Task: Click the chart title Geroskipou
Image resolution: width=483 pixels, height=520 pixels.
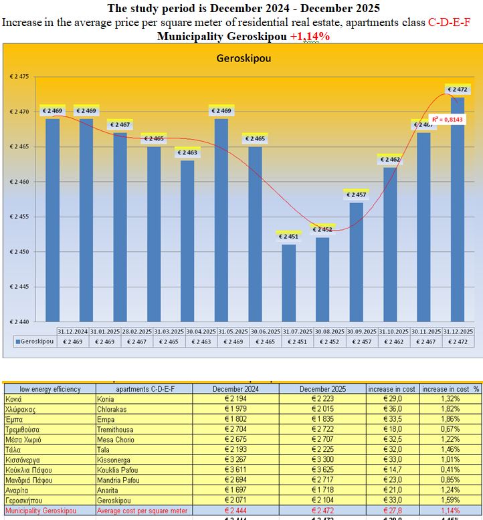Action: (243, 58)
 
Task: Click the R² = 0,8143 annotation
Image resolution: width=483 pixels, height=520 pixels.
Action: (443, 119)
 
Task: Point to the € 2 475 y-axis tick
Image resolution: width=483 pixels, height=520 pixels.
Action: (19, 77)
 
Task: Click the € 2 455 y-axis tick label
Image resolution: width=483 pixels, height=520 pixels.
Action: (19, 217)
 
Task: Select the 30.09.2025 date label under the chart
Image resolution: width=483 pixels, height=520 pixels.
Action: (361, 332)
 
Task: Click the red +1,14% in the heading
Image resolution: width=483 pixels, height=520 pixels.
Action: (310, 36)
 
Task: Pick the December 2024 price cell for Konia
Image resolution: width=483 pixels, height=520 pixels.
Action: (235, 398)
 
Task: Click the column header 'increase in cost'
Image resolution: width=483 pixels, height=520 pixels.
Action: (391, 389)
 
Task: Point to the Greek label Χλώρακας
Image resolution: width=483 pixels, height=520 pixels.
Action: (23, 409)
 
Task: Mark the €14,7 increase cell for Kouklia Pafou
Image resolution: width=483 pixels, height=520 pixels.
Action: (391, 470)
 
